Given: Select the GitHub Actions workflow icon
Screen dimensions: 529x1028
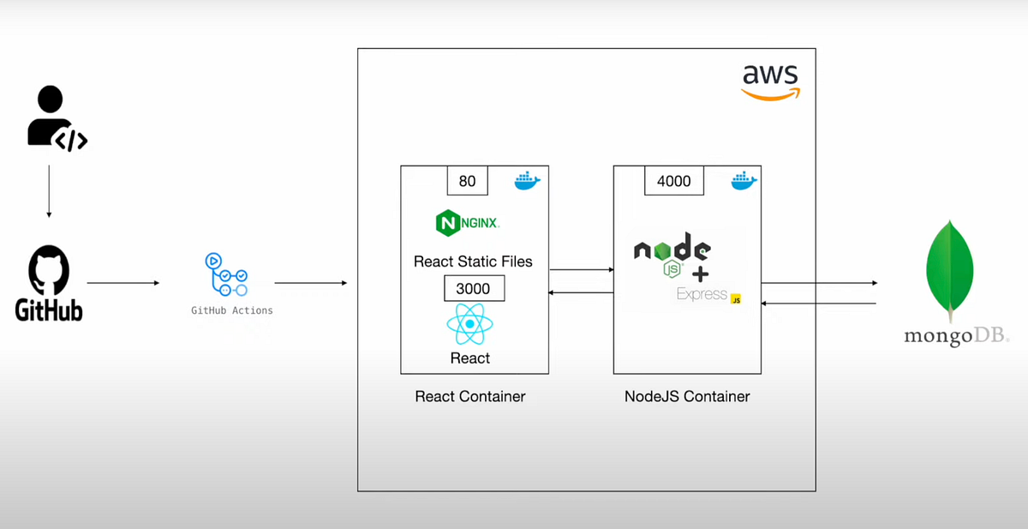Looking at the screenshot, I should (226, 274).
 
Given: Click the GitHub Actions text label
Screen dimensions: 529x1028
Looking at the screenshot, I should (231, 310).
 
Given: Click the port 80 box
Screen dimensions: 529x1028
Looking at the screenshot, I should (467, 181).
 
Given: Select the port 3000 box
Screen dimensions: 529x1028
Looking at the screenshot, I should (474, 289).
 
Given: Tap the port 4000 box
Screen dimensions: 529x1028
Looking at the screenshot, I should (673, 181).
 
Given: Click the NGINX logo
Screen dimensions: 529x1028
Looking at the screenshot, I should (468, 223).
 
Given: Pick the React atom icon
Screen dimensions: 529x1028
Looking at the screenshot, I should (470, 325).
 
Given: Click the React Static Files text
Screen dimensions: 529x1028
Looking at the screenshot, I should (473, 261).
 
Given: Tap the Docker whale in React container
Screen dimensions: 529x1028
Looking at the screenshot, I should (527, 180).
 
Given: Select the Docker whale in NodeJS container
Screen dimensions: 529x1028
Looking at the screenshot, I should (744, 180).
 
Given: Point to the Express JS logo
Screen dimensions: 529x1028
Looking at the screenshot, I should (708, 295).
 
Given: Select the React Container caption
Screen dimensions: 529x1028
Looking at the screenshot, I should (469, 396).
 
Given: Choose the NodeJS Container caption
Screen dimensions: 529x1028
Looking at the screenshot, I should (687, 396).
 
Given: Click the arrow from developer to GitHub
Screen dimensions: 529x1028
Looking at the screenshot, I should (49, 190).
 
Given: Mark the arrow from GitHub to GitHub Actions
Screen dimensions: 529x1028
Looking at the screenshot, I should (123, 282).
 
